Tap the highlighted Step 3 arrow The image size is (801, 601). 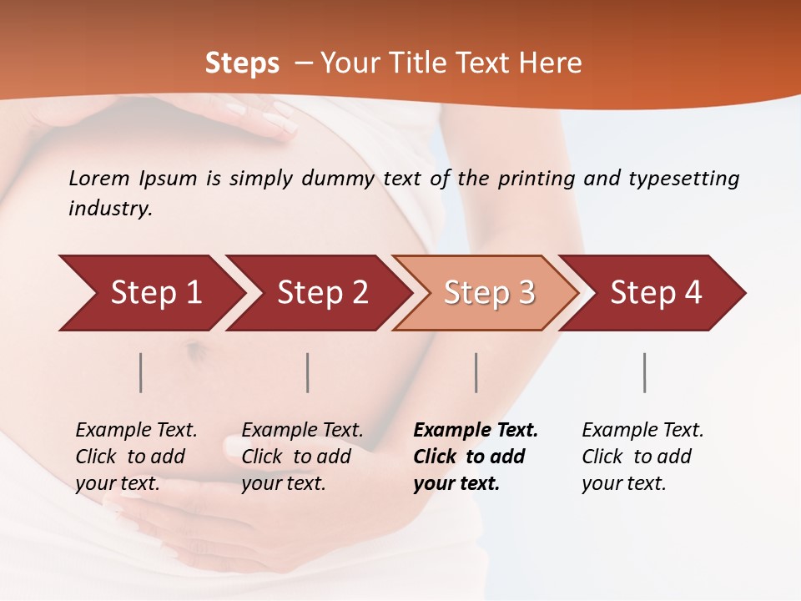[x=489, y=293]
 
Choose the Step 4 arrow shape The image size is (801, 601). [x=656, y=293]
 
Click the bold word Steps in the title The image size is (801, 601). [x=242, y=63]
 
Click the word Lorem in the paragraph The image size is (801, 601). [x=99, y=178]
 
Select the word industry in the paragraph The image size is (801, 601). [x=109, y=209]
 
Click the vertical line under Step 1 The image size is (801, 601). [x=141, y=372]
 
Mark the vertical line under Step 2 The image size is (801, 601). [x=308, y=372]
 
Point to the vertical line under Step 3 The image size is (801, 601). [x=476, y=372]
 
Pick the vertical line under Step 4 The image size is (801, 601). [x=644, y=372]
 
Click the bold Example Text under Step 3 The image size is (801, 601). [x=476, y=430]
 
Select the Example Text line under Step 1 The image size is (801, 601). [x=136, y=430]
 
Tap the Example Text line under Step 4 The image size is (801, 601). [x=642, y=430]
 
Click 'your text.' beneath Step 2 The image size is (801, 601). [x=283, y=483]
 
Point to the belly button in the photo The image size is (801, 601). [x=197, y=351]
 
